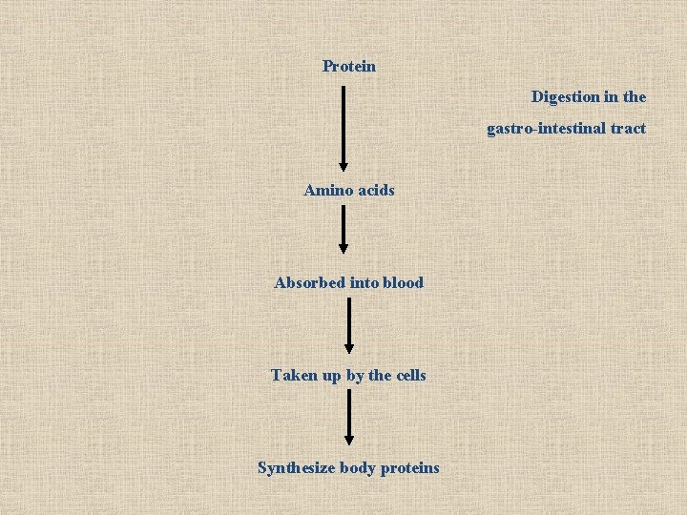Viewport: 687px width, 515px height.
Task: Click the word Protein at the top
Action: [349, 67]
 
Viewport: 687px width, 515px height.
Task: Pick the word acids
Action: [375, 191]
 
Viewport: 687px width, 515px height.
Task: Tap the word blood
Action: [402, 282]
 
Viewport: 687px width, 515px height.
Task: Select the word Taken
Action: [293, 375]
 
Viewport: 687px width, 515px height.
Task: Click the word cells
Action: [410, 375]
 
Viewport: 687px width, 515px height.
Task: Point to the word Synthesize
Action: [296, 467]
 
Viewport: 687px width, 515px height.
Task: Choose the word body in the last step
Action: [358, 467]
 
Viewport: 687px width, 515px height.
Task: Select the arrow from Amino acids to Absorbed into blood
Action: [343, 229]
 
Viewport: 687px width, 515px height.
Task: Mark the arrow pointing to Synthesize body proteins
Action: [348, 415]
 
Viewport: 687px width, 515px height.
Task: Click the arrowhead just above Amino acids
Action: [343, 166]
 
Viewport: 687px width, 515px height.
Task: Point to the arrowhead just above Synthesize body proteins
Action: [348, 439]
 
